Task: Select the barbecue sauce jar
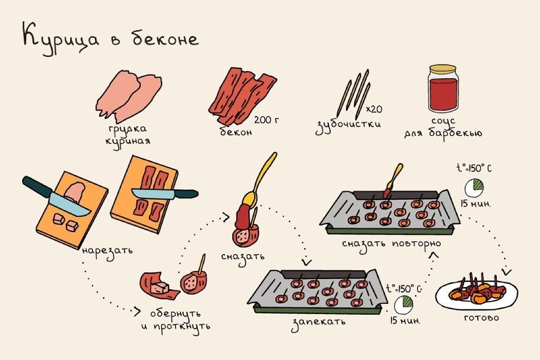click(443, 89)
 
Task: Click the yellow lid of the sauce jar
click(443, 69)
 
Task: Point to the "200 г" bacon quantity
click(266, 120)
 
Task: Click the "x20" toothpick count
click(374, 110)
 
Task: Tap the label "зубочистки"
click(348, 126)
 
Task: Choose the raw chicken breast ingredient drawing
click(129, 96)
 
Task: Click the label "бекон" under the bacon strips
click(236, 131)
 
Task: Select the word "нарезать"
click(107, 251)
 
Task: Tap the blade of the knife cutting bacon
click(153, 194)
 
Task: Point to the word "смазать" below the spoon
click(243, 257)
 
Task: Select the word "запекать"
click(318, 323)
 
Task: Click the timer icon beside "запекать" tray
click(404, 305)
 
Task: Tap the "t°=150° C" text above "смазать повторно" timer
click(474, 168)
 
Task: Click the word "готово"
click(481, 318)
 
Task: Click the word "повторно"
click(417, 244)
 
